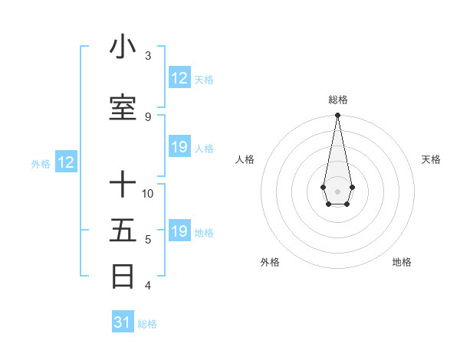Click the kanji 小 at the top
[x=123, y=47]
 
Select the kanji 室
[x=123, y=108]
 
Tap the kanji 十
[x=123, y=185]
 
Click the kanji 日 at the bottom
[x=123, y=276]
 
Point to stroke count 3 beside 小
[x=148, y=56]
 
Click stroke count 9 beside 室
[x=148, y=117]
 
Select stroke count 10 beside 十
[x=148, y=193]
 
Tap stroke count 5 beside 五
[x=148, y=240]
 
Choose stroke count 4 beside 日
[x=148, y=286]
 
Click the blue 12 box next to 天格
[x=179, y=78]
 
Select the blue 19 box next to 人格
[x=179, y=147]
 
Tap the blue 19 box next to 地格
[x=179, y=231]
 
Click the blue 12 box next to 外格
[x=66, y=162]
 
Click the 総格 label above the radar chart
[x=337, y=100]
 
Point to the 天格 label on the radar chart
[x=431, y=159]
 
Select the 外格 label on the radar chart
[x=270, y=262]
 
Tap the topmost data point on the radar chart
[x=337, y=116]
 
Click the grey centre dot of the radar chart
[x=337, y=190]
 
